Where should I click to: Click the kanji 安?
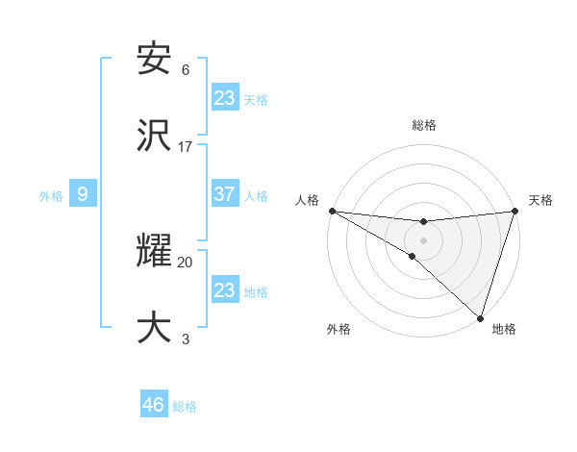click(154, 60)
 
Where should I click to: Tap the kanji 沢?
click(154, 137)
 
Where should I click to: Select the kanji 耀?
click(154, 253)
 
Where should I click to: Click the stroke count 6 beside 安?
click(186, 70)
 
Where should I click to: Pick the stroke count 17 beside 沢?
click(186, 147)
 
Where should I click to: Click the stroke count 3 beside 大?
click(186, 339)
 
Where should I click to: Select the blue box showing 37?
click(224, 194)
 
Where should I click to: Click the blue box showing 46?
click(154, 405)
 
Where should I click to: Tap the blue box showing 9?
click(83, 194)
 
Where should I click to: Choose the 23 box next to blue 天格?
click(224, 98)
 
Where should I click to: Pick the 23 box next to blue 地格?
click(224, 290)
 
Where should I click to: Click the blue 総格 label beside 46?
click(185, 407)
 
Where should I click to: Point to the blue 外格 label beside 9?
click(51, 196)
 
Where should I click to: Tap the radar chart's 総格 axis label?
click(423, 125)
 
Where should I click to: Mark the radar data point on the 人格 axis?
click(332, 211)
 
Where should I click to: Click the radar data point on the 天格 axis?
click(514, 211)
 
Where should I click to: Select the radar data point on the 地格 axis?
click(480, 317)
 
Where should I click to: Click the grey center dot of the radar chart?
click(423, 239)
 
